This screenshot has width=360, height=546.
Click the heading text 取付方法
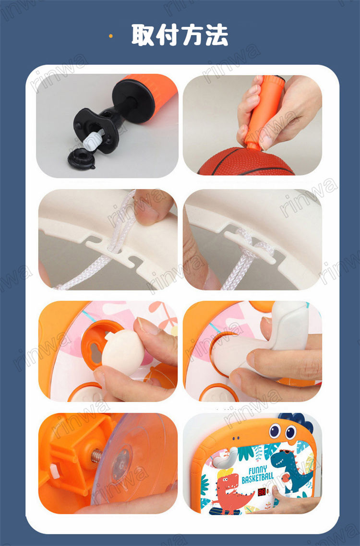point(180,35)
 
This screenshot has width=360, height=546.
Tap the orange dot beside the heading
point(111,36)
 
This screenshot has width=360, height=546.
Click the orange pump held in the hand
point(263,111)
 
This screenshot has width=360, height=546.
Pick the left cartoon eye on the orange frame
point(275,431)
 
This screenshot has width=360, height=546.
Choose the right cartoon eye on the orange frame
point(291,432)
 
